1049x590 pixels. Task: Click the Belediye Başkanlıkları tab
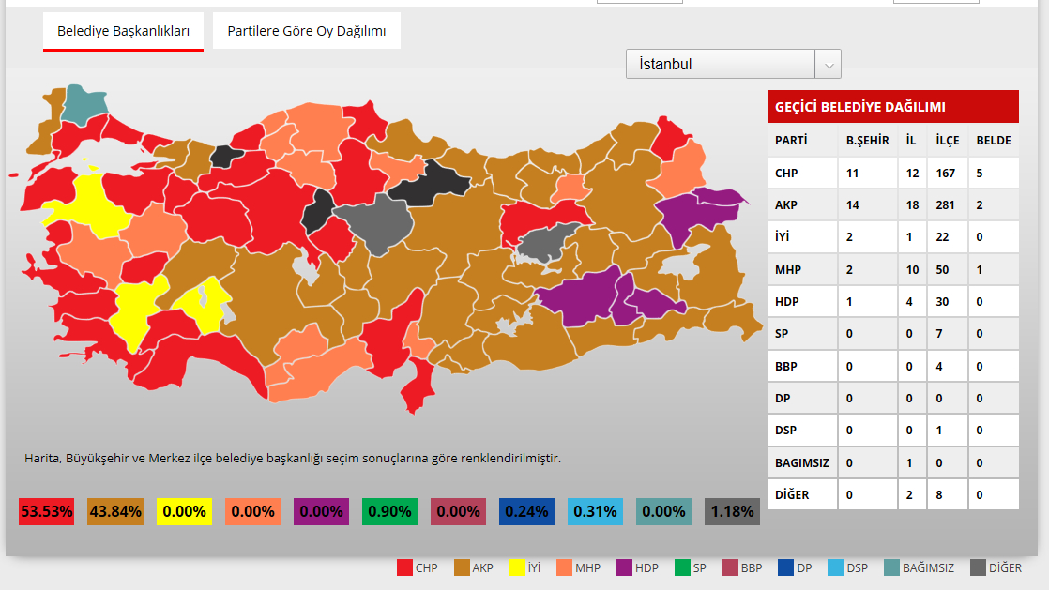coord(123,31)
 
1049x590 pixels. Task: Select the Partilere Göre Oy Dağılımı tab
coord(306,31)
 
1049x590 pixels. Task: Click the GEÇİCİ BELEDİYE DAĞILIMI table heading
coord(859,107)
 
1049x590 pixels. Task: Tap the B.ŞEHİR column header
coord(867,141)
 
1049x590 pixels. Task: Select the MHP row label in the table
coord(788,270)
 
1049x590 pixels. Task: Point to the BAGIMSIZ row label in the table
coord(800,462)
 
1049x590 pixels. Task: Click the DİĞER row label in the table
coord(792,494)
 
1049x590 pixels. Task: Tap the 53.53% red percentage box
coord(46,511)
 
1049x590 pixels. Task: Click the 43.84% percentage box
coord(115,511)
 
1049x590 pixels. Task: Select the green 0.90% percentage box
coord(389,511)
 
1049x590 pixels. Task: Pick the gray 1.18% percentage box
coord(732,511)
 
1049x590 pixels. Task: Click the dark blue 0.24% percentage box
coord(526,511)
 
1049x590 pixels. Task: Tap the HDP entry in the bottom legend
coord(638,567)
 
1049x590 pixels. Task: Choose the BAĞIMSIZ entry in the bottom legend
coord(920,567)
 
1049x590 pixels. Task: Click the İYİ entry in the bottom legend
coord(524,567)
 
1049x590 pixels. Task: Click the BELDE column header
coord(994,141)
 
